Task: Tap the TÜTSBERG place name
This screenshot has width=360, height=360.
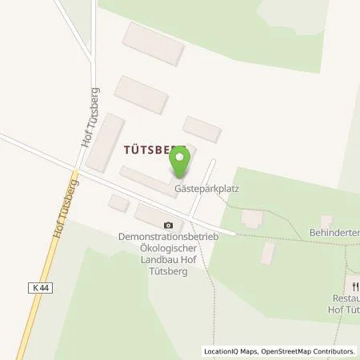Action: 154,149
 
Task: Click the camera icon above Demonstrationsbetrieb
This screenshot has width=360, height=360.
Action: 168,226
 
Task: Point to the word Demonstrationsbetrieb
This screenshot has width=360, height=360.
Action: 168,238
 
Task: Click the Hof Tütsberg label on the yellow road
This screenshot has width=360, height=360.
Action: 67,206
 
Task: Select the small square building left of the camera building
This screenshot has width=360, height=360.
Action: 118,204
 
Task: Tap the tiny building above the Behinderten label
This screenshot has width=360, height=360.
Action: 326,220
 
